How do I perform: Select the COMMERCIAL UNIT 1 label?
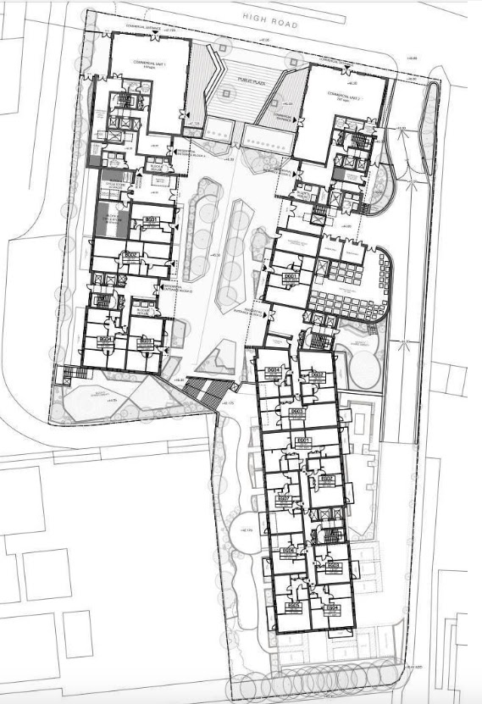[x=145, y=65]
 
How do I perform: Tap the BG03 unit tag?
[x=145, y=341]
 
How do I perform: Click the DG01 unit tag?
[x=291, y=277]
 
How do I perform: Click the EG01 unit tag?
[x=305, y=441]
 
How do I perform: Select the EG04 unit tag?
[x=334, y=607]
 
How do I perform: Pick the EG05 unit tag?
[x=294, y=607]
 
